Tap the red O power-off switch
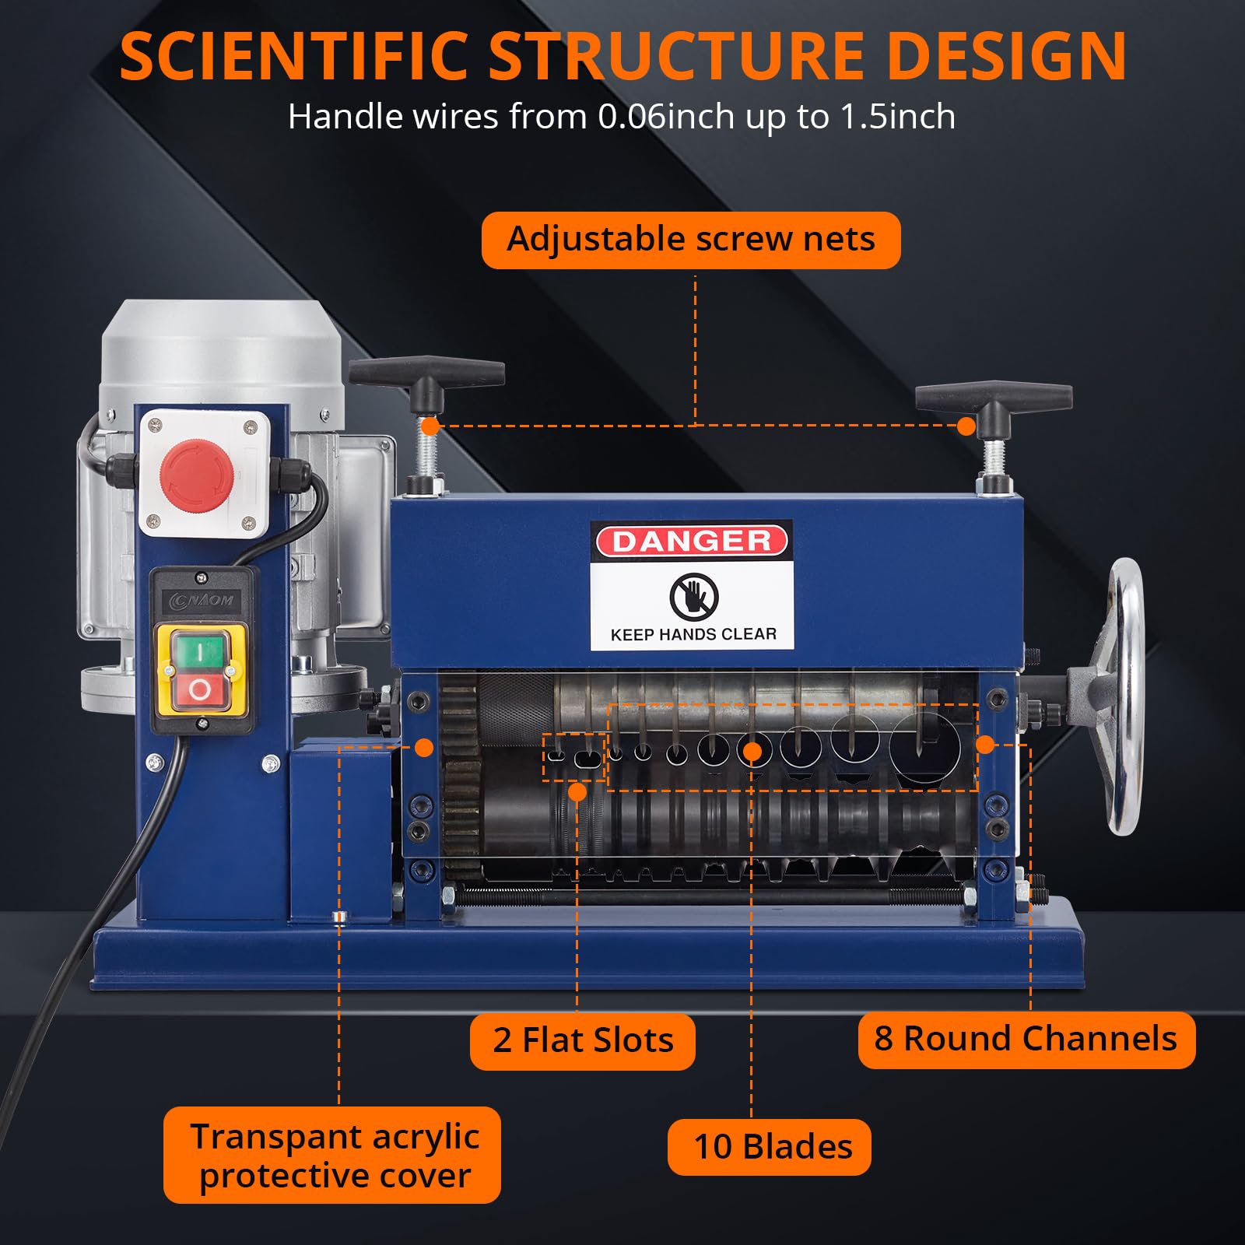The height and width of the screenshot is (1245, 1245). (200, 690)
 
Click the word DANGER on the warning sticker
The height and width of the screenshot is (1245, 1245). (691, 542)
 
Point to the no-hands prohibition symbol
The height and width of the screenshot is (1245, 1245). (693, 597)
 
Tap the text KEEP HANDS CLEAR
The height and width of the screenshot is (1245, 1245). (693, 634)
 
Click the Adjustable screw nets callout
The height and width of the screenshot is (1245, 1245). (691, 240)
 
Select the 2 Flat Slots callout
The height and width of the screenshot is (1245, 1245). (582, 1040)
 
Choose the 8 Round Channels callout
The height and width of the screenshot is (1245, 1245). (1026, 1040)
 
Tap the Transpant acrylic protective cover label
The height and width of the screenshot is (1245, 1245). (332, 1156)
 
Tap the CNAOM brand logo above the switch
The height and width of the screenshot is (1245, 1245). (202, 600)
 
